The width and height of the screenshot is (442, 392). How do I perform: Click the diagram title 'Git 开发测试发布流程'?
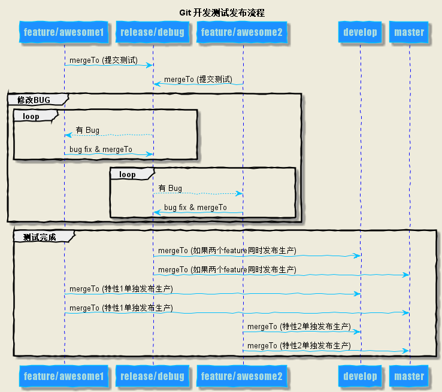[x=222, y=13]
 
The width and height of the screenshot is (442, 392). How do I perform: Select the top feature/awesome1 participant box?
[x=64, y=32]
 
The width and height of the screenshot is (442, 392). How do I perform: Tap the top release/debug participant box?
[x=152, y=32]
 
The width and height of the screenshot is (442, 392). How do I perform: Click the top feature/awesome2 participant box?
[x=242, y=32]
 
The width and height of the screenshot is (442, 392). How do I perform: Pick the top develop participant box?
[x=361, y=32]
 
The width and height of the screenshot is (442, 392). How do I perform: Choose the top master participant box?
[x=410, y=32]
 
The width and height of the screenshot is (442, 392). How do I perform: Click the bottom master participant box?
[x=410, y=376]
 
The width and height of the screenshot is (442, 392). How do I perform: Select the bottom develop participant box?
[x=361, y=376]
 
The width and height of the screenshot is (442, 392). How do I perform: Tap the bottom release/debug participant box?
[x=152, y=376]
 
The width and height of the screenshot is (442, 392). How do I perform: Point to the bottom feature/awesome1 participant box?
[x=64, y=376]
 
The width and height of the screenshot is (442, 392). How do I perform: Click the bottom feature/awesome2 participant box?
[x=242, y=376]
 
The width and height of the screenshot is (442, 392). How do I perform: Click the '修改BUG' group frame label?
[x=34, y=99]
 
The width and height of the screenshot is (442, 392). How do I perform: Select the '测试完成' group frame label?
[x=40, y=237]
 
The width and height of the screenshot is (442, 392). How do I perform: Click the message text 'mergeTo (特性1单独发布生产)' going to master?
[x=121, y=308]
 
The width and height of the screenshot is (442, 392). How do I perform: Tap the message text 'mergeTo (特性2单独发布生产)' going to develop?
[x=299, y=327]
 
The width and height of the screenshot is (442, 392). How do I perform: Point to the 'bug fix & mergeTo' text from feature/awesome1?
[x=101, y=149]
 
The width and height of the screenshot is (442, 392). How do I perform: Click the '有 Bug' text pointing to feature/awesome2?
[x=170, y=189]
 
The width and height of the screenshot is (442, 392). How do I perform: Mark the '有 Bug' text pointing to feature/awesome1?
[x=87, y=130]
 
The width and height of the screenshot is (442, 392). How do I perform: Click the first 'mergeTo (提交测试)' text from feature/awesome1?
[x=103, y=60]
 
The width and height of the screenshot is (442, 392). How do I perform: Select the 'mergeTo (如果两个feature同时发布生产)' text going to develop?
[x=227, y=250]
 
